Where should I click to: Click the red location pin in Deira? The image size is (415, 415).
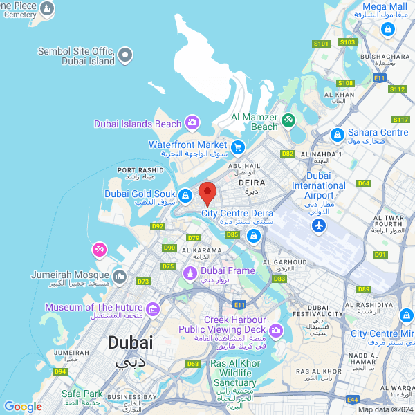(207, 192)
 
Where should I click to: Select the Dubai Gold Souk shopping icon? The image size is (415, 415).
(185, 197)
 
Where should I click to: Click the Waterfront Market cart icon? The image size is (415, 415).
(238, 147)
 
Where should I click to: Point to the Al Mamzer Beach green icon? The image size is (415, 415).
(288, 121)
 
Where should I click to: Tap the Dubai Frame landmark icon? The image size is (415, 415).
(188, 274)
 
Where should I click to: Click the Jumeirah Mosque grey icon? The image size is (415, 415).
(119, 277)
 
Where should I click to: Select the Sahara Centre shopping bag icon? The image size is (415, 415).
(338, 134)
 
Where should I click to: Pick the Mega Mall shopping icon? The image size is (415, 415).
(388, 30)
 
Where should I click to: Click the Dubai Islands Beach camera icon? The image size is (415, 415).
(192, 124)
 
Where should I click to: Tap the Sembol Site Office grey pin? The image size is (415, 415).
(125, 54)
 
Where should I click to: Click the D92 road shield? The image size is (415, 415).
(158, 226)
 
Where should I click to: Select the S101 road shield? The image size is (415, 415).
(320, 44)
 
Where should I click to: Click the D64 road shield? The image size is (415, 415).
(364, 183)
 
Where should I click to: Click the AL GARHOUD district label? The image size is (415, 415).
(286, 263)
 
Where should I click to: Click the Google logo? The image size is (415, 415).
(23, 407)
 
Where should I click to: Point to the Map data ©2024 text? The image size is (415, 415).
(385, 409)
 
